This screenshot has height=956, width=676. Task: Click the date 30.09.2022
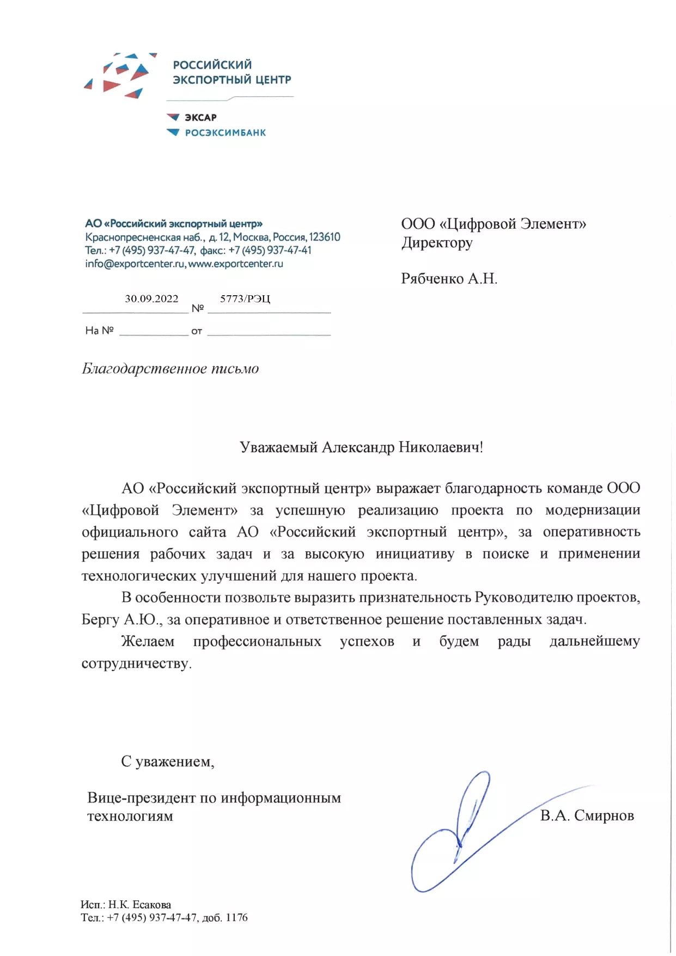pyautogui.click(x=151, y=299)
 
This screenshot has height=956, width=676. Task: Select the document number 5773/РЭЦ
pyautogui.click(x=245, y=299)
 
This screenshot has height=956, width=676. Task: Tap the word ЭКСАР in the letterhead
pyautogui.click(x=200, y=118)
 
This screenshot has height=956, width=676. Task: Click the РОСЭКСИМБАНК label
pyautogui.click(x=225, y=133)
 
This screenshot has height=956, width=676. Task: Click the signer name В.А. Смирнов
pyautogui.click(x=587, y=815)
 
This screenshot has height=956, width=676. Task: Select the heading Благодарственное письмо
pyautogui.click(x=170, y=369)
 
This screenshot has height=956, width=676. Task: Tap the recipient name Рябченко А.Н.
pyautogui.click(x=449, y=279)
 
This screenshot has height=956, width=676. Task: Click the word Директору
pyautogui.click(x=436, y=243)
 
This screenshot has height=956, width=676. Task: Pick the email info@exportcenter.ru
pyautogui.click(x=135, y=264)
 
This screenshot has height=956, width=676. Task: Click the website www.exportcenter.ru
pyautogui.click(x=235, y=264)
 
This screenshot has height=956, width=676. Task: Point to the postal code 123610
pyautogui.click(x=324, y=238)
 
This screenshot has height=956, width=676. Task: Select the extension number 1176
pyautogui.click(x=236, y=918)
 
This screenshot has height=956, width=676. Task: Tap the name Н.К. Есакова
pyautogui.click(x=139, y=905)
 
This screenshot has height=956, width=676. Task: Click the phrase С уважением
pyautogui.click(x=167, y=762)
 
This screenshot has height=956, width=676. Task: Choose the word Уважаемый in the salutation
pyautogui.click(x=278, y=448)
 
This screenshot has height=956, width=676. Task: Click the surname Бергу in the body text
pyautogui.click(x=100, y=620)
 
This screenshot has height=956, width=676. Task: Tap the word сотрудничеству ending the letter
pyautogui.click(x=136, y=664)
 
